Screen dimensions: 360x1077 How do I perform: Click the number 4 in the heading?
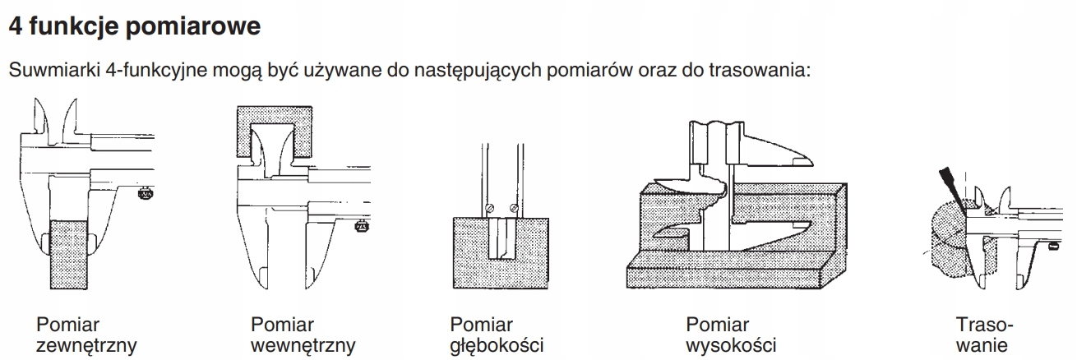14,26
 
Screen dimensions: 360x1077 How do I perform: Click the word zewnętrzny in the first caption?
86,344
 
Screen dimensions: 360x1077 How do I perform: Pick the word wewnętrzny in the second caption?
303,344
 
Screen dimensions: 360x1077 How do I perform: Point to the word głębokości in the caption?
497,344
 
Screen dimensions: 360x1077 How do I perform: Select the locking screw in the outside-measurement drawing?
145,194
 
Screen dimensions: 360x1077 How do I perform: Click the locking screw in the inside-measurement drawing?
360,227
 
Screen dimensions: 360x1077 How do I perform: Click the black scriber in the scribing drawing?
948,185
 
